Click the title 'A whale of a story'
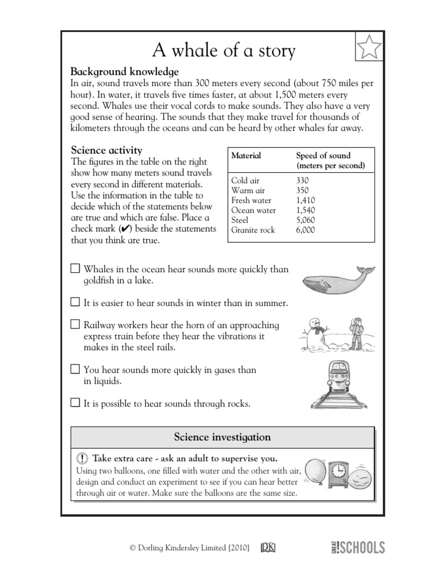click(x=223, y=51)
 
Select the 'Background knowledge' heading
click(x=124, y=72)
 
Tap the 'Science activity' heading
click(x=106, y=150)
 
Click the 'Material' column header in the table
click(x=246, y=155)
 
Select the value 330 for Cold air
click(x=302, y=181)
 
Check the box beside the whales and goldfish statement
click(x=75, y=269)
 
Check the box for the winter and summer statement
click(x=75, y=303)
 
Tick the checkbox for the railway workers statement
click(x=75, y=325)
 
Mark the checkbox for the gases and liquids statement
click(x=75, y=370)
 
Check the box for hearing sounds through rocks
click(x=75, y=403)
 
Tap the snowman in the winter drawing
click(x=317, y=333)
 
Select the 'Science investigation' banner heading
click(x=222, y=437)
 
